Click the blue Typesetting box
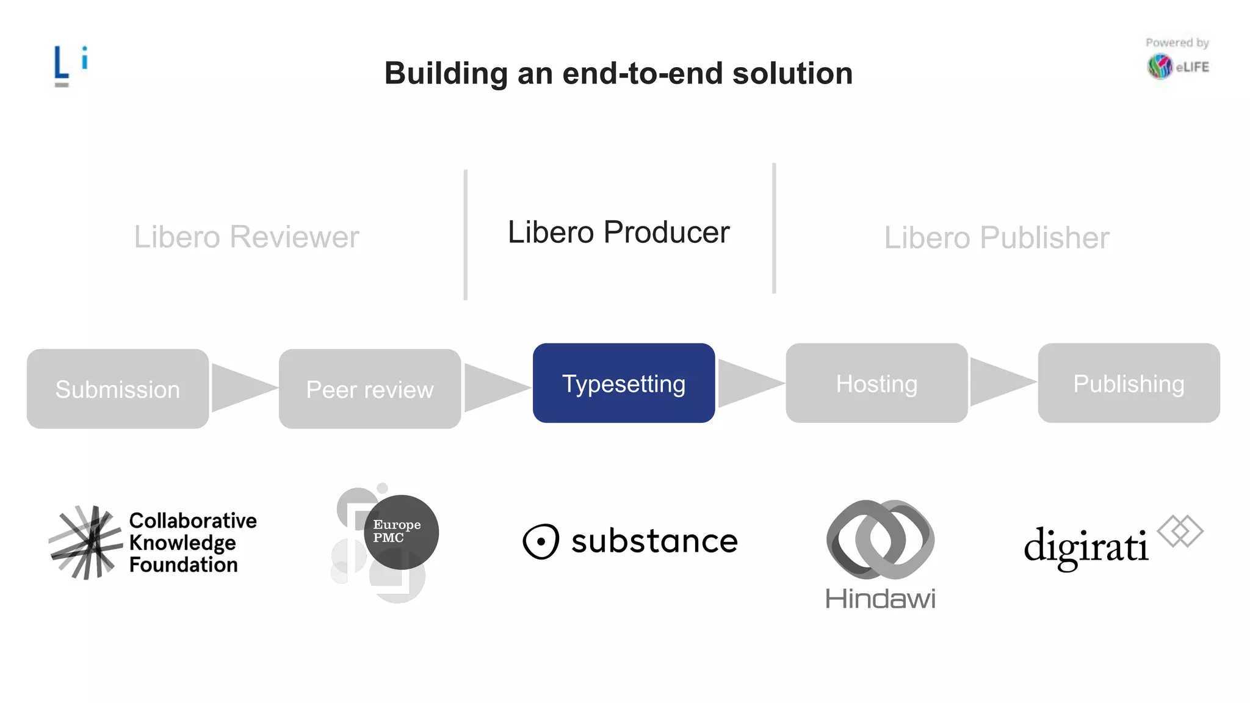(623, 383)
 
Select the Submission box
(118, 389)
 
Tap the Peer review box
(370, 389)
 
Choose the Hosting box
(876, 383)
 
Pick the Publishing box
(1129, 383)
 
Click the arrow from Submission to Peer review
(240, 388)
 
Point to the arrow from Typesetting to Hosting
(748, 383)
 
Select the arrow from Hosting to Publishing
(1000, 382)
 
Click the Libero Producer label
(618, 232)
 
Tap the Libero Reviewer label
(247, 237)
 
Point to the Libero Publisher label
(997, 237)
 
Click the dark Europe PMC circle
(401, 532)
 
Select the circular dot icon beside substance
(541, 541)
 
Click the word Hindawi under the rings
(880, 599)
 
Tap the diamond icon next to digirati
(1180, 531)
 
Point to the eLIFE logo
(1177, 66)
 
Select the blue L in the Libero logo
(60, 63)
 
